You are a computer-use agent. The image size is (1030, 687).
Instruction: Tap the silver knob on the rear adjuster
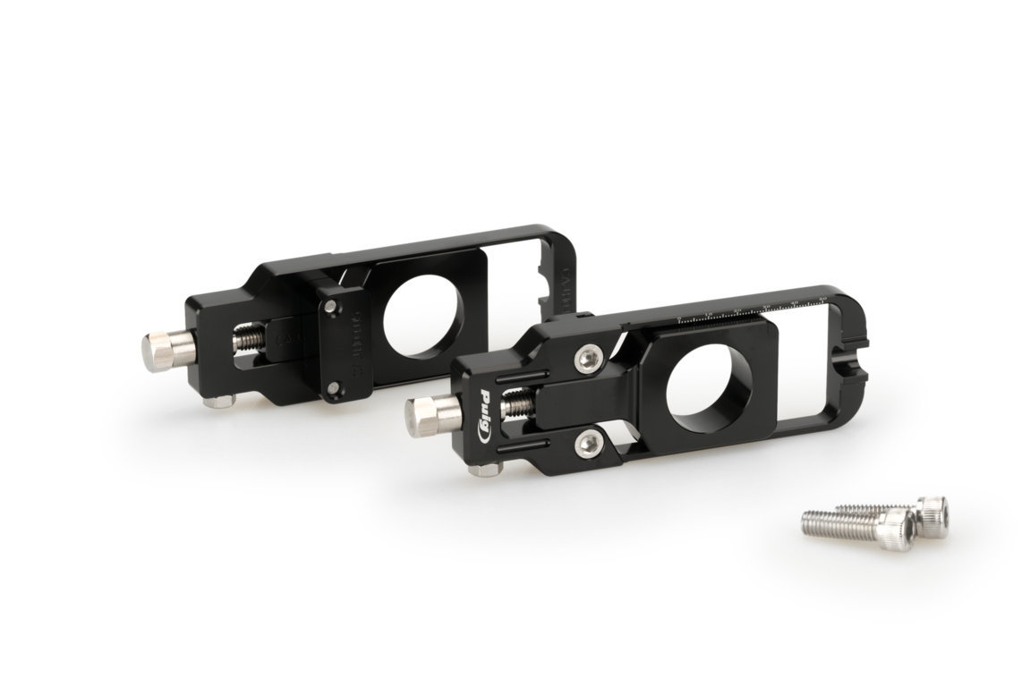click(159, 347)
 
